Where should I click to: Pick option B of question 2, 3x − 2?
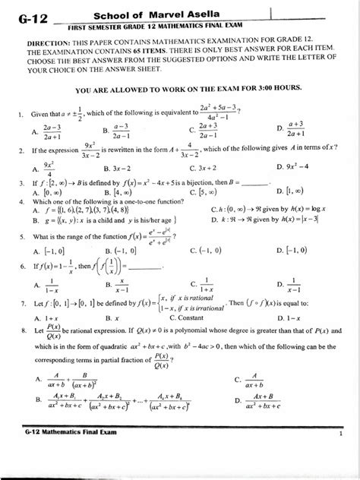coord(122,168)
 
